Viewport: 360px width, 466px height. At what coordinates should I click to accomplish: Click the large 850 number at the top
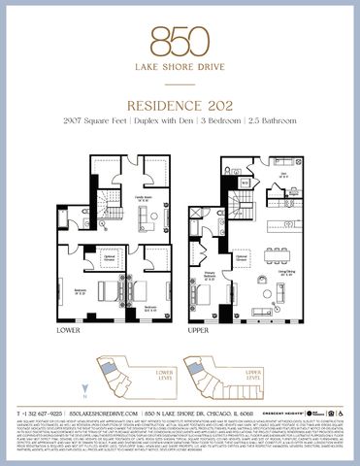[x=180, y=40]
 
